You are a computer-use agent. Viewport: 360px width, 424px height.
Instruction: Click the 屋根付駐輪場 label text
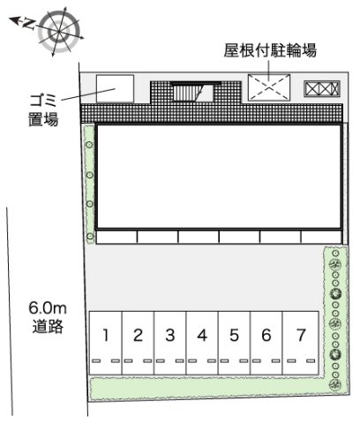[x=269, y=50]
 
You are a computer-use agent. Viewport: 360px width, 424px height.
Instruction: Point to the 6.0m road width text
[x=47, y=307]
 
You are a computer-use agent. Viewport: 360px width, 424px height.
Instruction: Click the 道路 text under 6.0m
[x=47, y=327]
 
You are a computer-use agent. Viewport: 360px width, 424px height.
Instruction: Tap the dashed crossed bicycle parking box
[x=268, y=87]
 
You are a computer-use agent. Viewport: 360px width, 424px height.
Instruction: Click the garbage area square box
[x=114, y=88]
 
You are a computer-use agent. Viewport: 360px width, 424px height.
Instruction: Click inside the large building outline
[x=219, y=177]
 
